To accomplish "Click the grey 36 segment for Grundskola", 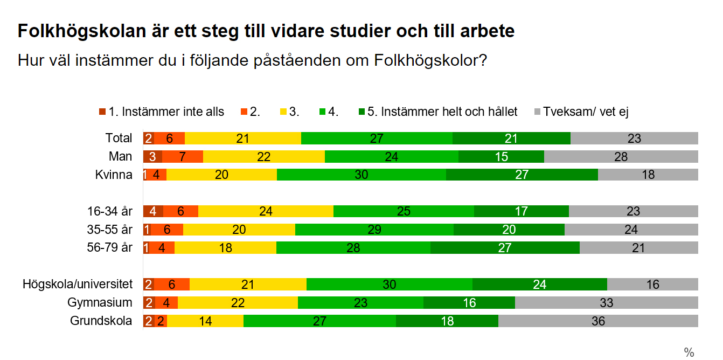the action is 598,321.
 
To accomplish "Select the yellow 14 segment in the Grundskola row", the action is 205,321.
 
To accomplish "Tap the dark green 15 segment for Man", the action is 501,157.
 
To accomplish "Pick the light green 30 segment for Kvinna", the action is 361,175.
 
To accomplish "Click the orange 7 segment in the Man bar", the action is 183,157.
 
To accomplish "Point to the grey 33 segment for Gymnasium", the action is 607,302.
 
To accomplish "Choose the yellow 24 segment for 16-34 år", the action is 266,211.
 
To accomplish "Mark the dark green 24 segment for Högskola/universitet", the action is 540,285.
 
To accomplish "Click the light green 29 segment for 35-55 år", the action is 374,230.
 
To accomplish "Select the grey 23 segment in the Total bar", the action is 634,138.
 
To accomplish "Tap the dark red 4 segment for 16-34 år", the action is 153,211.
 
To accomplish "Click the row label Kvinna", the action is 114,175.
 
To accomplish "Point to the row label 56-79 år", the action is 110,248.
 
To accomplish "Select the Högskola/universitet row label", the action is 78,284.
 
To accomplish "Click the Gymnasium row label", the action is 100,303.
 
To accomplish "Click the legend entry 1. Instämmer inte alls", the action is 162,112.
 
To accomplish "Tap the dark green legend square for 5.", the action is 362,112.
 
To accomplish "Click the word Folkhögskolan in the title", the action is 82,31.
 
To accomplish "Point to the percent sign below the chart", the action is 689,352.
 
